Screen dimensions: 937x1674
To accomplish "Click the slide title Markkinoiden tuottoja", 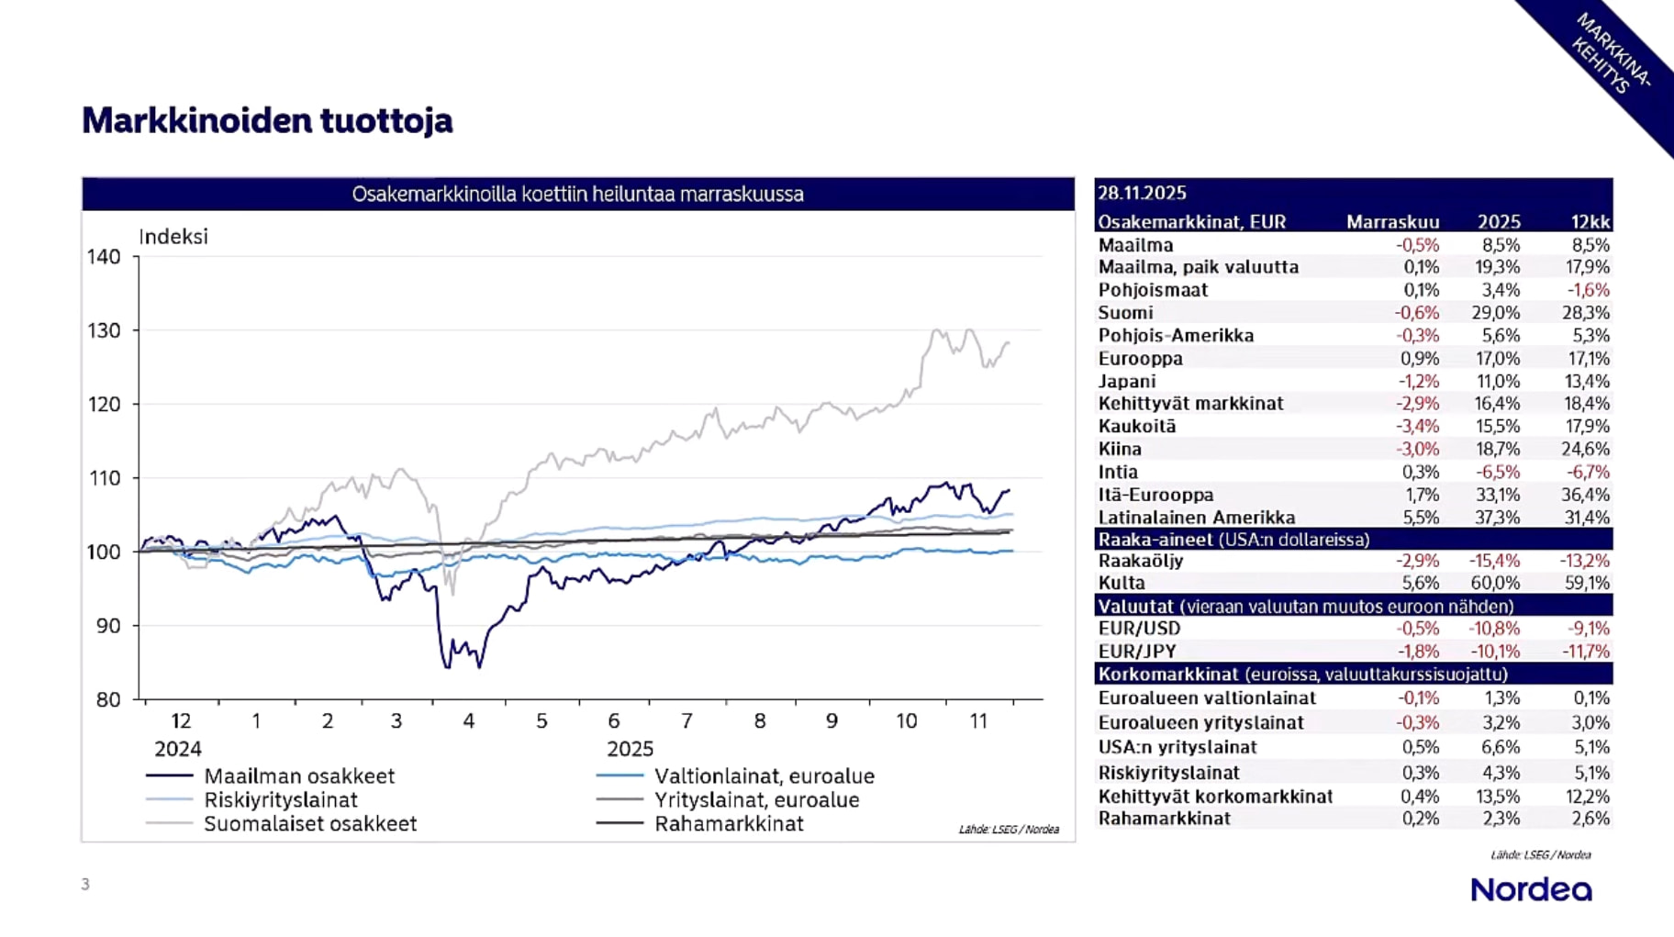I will coord(267,120).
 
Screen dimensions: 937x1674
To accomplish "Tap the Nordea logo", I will coord(1531,889).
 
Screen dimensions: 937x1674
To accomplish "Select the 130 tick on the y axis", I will coord(104,330).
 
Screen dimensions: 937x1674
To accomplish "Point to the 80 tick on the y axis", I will coord(108,699).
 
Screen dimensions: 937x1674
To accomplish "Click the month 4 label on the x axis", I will coord(468,721).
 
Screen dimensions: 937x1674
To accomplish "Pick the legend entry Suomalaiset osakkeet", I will coord(309,823).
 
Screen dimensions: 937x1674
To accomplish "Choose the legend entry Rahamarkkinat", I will coord(729,823).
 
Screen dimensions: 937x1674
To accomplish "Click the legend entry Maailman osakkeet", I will coord(298,775).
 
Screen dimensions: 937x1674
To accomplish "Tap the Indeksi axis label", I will coord(173,237).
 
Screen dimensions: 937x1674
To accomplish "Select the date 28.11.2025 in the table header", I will coord(1142,193).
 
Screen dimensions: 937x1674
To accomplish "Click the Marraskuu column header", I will coord(1392,222).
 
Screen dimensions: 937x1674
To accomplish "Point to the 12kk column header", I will coord(1590,222).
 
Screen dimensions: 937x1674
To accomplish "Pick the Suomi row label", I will coord(1125,313).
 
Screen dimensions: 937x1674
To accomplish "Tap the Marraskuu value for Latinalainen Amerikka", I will coord(1420,517).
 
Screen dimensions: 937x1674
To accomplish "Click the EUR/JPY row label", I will coord(1137,652).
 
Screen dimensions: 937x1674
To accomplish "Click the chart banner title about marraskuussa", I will coord(577,195).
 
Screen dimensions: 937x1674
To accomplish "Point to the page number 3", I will coord(85,885).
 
